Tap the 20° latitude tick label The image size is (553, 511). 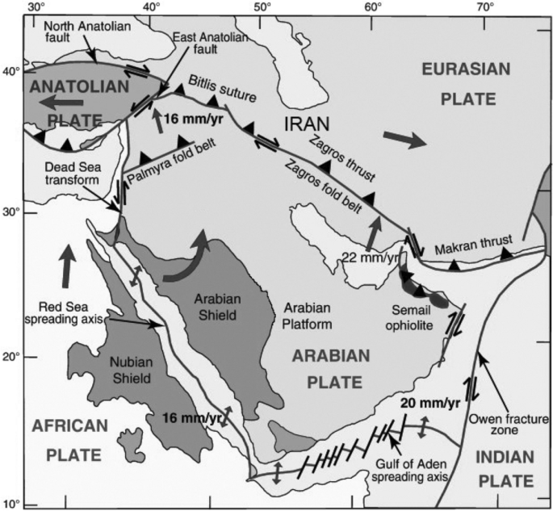click(10, 357)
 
